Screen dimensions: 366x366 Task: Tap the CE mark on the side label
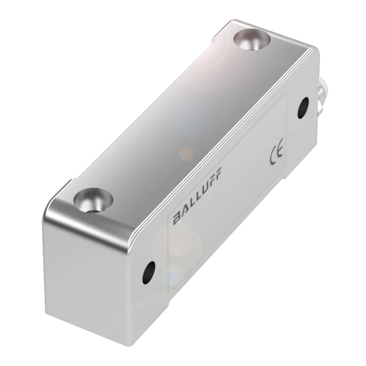point(276,151)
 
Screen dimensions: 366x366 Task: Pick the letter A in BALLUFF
point(184,211)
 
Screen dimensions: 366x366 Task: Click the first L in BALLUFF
point(190,204)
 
